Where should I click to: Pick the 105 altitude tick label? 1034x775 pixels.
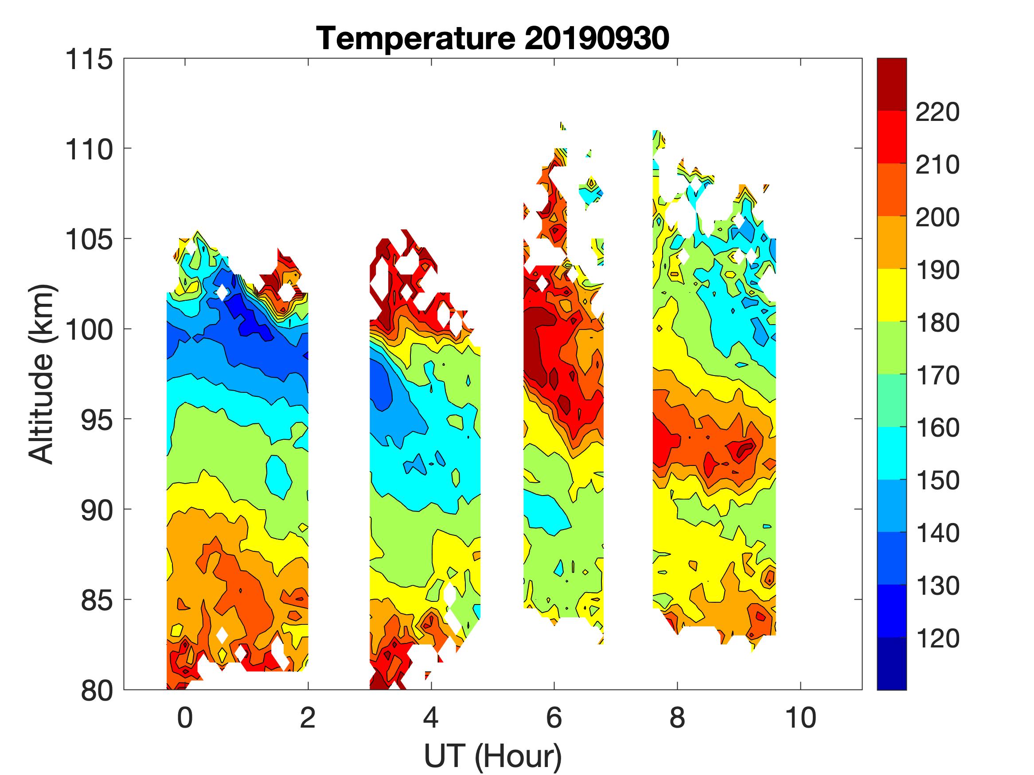click(x=89, y=240)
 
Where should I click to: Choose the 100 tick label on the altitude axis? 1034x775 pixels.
click(x=89, y=330)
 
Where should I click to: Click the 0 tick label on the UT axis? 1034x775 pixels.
click(x=185, y=717)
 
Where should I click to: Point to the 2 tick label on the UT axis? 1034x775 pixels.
click(x=308, y=717)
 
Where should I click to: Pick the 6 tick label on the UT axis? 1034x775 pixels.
click(x=554, y=717)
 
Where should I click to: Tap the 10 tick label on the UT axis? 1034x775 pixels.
click(x=801, y=717)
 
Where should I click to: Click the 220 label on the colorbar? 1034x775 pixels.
click(x=937, y=112)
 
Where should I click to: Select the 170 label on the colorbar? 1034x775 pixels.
click(x=937, y=376)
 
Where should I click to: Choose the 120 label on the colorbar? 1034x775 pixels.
click(x=937, y=638)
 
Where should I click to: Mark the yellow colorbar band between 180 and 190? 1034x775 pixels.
click(x=891, y=295)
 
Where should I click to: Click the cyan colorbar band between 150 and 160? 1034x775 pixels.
click(x=891, y=453)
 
